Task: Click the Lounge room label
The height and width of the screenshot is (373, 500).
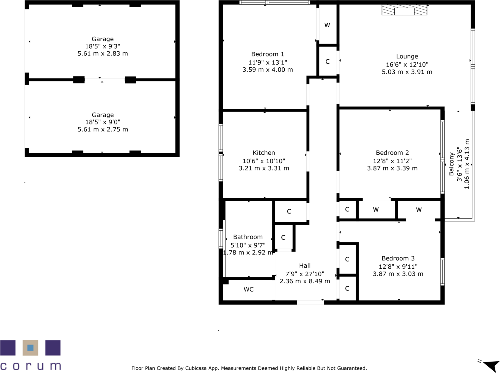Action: [407, 57]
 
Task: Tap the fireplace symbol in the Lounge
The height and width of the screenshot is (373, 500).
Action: [404, 10]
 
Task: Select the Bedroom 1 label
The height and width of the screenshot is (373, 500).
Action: [268, 54]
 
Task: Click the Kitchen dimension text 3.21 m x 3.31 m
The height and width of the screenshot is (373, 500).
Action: [264, 168]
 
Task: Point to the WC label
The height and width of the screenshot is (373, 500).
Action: [249, 290]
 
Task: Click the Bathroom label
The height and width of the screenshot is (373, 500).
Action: [248, 237]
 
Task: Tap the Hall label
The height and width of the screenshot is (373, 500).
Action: [305, 266]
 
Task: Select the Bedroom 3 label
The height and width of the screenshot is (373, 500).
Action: [398, 259]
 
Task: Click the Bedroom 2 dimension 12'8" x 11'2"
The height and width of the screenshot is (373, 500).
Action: [392, 161]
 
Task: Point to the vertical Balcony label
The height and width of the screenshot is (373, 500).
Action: [451, 164]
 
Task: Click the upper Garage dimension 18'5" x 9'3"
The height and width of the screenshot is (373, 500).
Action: [103, 46]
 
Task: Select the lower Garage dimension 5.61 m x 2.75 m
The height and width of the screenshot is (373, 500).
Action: [103, 130]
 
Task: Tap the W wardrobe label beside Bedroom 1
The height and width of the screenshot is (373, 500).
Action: [327, 25]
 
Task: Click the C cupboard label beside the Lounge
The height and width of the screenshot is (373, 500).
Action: [328, 62]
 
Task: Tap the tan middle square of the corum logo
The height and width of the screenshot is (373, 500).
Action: [30, 348]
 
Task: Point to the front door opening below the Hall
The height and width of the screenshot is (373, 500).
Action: [310, 302]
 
